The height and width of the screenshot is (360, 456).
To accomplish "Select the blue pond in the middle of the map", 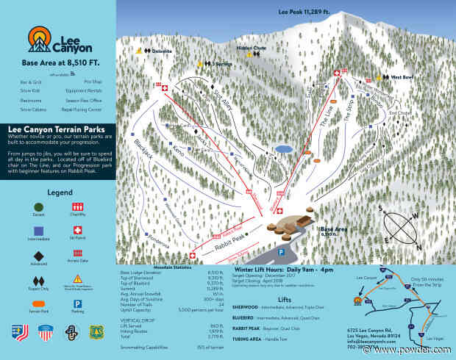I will (282, 148).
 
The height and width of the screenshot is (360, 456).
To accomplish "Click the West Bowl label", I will (401, 76).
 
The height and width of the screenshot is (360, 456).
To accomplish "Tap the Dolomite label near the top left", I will (163, 51).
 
